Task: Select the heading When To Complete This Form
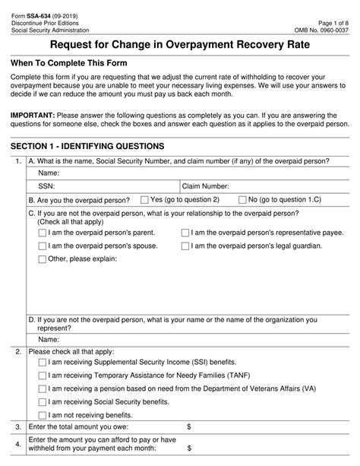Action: click(x=69, y=62)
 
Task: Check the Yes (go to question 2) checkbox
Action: click(x=145, y=199)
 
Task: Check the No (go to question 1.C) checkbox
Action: click(x=242, y=199)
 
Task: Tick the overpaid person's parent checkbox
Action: click(x=42, y=233)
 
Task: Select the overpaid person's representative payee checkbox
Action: click(x=185, y=233)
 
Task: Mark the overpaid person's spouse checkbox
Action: click(x=42, y=246)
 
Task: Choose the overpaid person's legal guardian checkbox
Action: click(x=185, y=246)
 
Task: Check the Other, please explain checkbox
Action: click(x=42, y=259)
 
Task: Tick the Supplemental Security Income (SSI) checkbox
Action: click(x=42, y=363)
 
